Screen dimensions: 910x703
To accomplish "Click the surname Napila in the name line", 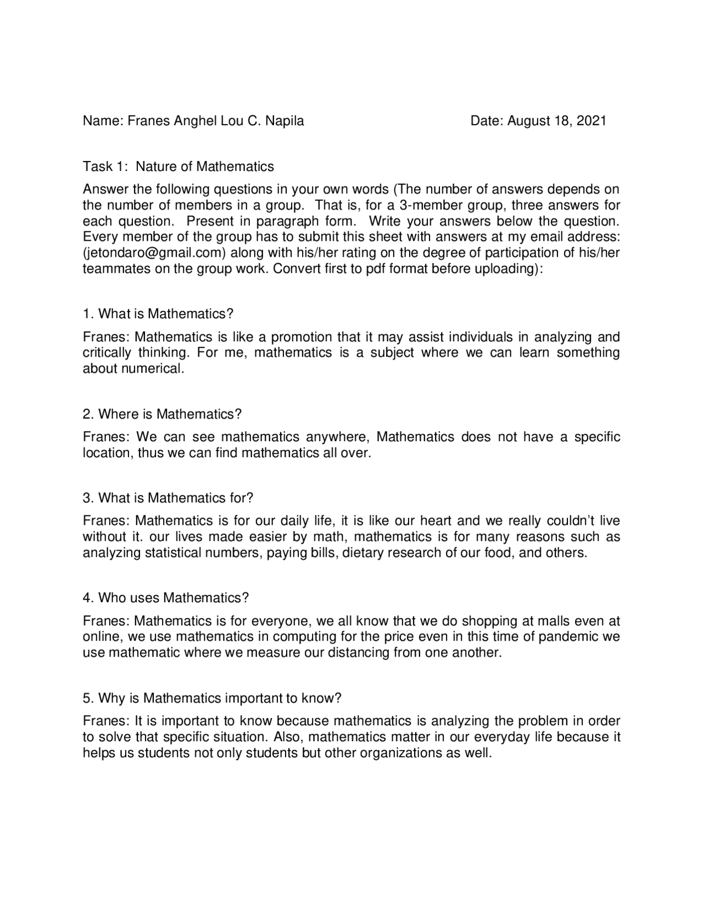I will click(284, 121).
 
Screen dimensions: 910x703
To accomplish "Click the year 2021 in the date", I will click(592, 121).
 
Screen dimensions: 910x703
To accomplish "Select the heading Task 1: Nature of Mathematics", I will click(178, 166).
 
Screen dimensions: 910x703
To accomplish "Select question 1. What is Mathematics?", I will click(158, 314).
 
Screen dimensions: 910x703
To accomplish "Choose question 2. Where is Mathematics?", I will click(162, 414).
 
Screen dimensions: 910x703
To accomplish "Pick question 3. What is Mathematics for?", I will click(168, 498).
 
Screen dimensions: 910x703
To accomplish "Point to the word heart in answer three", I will click(436, 520).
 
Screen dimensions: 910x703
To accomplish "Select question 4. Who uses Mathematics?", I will click(166, 598).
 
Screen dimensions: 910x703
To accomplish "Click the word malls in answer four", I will click(554, 621).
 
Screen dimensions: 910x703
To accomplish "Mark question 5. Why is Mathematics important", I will click(212, 698).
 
